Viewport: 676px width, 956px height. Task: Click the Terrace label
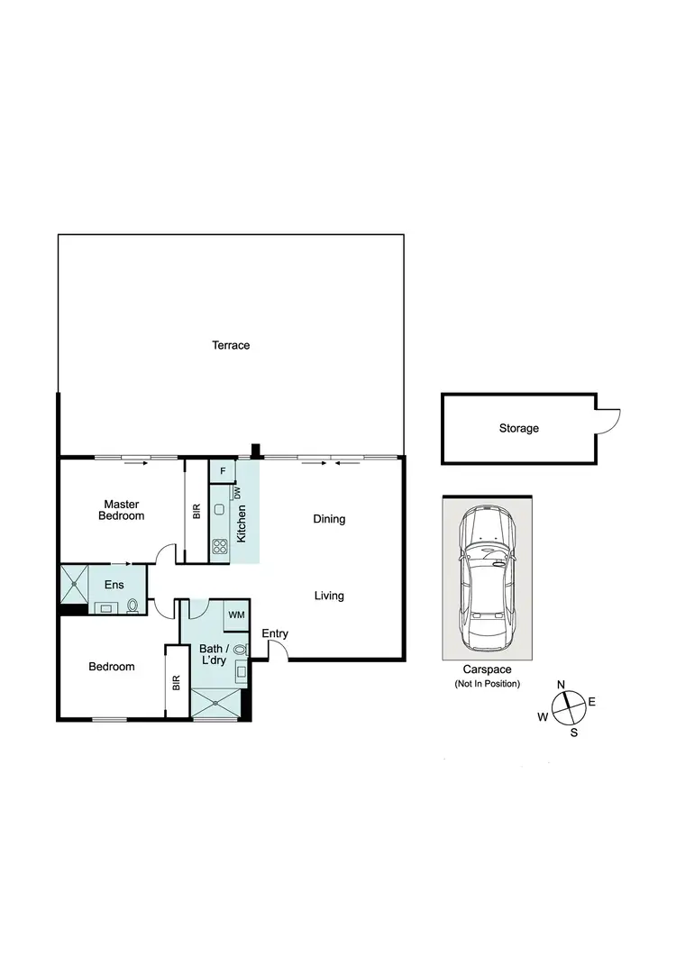pyautogui.click(x=231, y=345)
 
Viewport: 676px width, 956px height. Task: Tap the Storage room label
pyautogui.click(x=518, y=428)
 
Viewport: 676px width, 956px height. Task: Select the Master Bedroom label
pyautogui.click(x=123, y=510)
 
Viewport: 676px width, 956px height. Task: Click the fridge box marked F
pyautogui.click(x=222, y=471)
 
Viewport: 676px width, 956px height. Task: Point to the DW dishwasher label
pyautogui.click(x=238, y=494)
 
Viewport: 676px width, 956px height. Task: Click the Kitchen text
pyautogui.click(x=242, y=523)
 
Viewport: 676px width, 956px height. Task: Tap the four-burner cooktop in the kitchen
pyautogui.click(x=220, y=546)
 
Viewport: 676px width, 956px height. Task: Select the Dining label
pyautogui.click(x=329, y=519)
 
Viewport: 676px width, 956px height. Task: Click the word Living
pyautogui.click(x=329, y=596)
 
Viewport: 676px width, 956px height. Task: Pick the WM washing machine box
pyautogui.click(x=236, y=615)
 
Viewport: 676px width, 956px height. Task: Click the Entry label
pyautogui.click(x=275, y=634)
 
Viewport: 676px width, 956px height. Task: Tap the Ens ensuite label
pyautogui.click(x=114, y=586)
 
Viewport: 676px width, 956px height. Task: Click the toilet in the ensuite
pyautogui.click(x=133, y=605)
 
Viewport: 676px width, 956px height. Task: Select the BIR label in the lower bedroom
pyautogui.click(x=177, y=682)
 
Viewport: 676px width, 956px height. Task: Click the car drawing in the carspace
pyautogui.click(x=486, y=578)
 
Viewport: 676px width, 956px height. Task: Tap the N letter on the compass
pyautogui.click(x=561, y=685)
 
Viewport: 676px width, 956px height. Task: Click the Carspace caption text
pyautogui.click(x=486, y=669)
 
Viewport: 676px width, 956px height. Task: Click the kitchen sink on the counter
pyautogui.click(x=220, y=510)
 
